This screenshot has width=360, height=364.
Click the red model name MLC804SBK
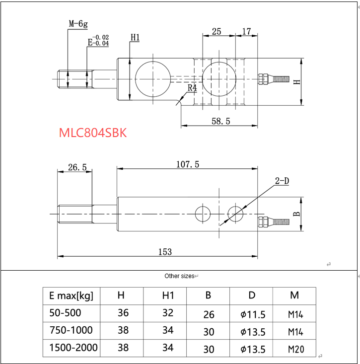point(93,133)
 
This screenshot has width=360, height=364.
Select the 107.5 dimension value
point(188,164)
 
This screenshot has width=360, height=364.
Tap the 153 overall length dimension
point(165,252)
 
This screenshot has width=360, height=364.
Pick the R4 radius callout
point(192,88)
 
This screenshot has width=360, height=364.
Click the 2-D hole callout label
point(282,181)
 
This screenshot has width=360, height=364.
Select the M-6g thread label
point(78,23)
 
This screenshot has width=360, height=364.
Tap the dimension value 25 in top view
point(216,32)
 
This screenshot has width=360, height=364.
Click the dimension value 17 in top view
point(246,32)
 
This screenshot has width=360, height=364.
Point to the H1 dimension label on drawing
point(135,38)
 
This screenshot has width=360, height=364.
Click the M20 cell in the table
point(294,349)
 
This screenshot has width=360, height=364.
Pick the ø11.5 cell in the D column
point(252,314)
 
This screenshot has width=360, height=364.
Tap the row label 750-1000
point(71,330)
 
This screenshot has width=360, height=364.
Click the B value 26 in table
point(209,314)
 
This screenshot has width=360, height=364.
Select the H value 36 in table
point(123,313)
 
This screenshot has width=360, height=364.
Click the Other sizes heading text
point(179,276)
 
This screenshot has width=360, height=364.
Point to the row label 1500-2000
point(73,348)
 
